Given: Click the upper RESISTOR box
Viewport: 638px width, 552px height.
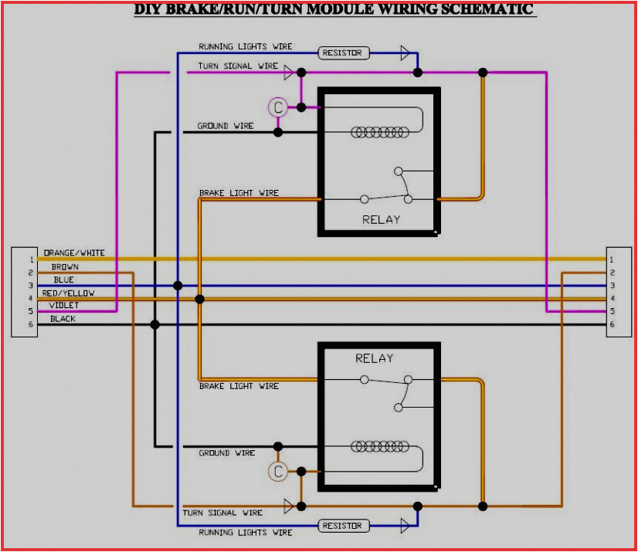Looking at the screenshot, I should click(344, 53).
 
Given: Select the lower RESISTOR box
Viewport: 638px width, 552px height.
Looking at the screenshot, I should click(344, 526).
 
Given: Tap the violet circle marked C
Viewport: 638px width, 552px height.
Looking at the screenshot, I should click(278, 108).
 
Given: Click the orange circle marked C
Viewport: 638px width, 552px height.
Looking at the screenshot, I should click(278, 472).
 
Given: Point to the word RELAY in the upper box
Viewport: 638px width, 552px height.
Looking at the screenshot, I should click(382, 219).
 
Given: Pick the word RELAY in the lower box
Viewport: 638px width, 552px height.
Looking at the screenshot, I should click(375, 358).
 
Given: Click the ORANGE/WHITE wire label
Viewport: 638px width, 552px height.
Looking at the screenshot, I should click(74, 252).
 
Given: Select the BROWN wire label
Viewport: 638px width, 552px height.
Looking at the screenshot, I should click(65, 267).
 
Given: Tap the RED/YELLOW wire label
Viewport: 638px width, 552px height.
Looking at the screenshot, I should click(69, 293).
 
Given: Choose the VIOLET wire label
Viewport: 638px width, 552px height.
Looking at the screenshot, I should click(64, 306).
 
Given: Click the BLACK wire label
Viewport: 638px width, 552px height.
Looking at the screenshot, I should click(63, 319).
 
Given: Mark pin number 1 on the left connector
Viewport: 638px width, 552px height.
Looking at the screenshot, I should click(31, 259).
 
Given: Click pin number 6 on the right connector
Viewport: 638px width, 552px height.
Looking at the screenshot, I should click(611, 324).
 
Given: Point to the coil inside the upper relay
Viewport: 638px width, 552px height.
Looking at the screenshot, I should click(379, 132).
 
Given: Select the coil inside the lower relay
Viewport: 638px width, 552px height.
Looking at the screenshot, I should click(379, 446).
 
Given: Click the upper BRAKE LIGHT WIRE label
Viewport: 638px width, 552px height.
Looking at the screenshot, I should click(239, 193).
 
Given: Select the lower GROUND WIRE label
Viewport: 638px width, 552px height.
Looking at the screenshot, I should click(226, 453).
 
